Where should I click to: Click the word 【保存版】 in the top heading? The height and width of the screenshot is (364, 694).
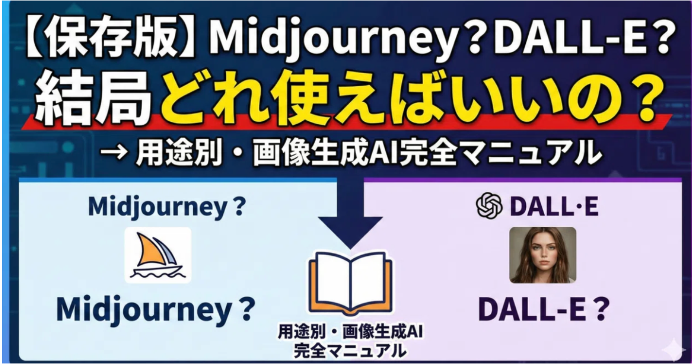pos(103,39)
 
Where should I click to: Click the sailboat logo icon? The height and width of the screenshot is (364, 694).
pos(158,255)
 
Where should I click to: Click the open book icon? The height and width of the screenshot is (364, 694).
pos(350,282)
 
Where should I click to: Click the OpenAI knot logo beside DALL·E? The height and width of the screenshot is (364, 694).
pos(489,206)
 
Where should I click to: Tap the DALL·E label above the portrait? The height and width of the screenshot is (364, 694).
pos(553,207)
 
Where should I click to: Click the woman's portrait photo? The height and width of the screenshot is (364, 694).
pos(543,255)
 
